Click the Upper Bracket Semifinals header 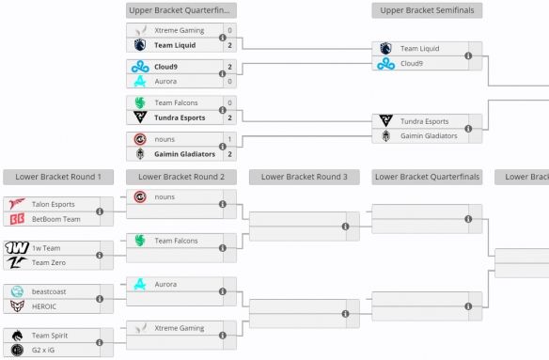coord(427,10)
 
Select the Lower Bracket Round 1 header coord(58,177)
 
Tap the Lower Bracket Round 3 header coord(304,177)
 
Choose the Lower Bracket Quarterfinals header coord(427,177)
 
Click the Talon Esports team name coord(54,204)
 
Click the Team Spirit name coord(50,335)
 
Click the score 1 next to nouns coord(229,139)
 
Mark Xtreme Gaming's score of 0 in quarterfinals coord(229,30)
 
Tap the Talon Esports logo coord(16,204)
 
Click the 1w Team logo coord(16,247)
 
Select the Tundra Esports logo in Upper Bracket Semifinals coord(386,120)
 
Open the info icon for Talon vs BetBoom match coord(101,211)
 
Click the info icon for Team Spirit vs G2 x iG coord(101,342)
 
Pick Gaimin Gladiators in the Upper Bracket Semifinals coord(429,135)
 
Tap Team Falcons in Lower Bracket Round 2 coord(176,241)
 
